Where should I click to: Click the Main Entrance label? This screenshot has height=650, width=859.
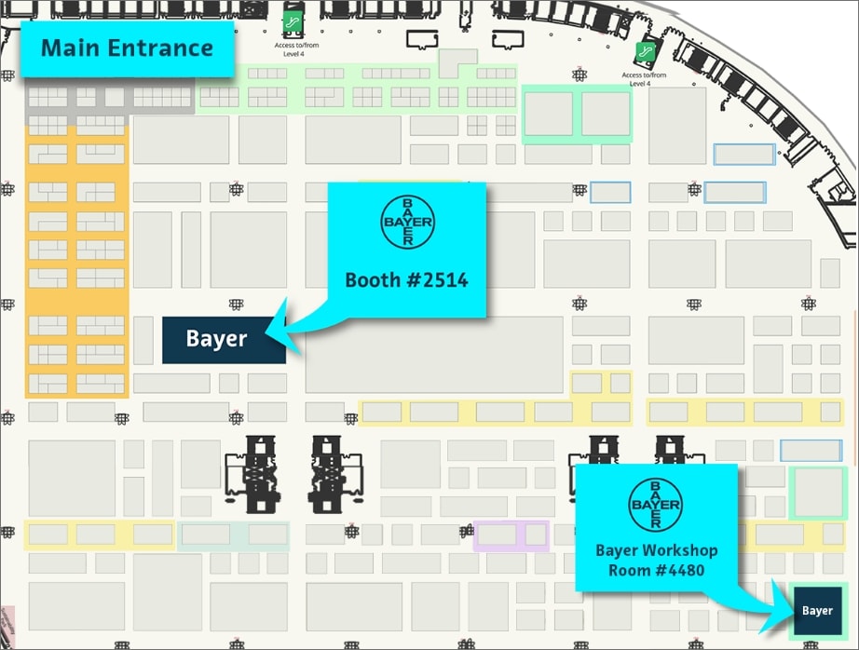pos(127,48)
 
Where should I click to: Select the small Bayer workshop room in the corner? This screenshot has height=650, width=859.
pos(816,611)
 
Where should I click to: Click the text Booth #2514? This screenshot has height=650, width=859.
pos(407,279)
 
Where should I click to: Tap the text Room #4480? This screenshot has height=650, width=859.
pos(656,570)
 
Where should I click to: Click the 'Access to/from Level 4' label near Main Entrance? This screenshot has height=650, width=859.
pos(294,48)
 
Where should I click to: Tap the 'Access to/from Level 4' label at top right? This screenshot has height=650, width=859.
pos(644,79)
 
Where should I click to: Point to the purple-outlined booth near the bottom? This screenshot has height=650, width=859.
pos(511,535)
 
